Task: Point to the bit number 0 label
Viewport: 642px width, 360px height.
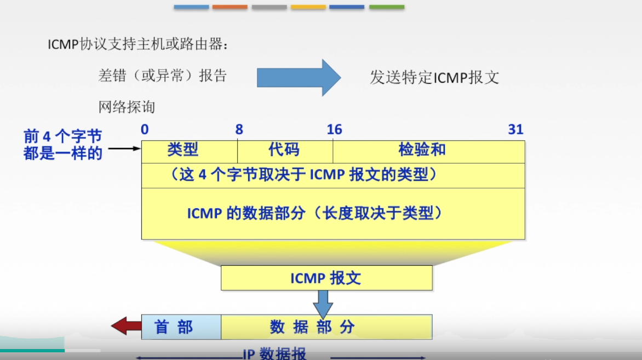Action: point(145,130)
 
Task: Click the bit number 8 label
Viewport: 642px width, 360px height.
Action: point(239,130)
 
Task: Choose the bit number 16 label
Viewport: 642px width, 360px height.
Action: point(334,130)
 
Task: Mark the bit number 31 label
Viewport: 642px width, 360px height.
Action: point(515,130)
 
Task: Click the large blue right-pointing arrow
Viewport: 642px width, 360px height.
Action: point(299,78)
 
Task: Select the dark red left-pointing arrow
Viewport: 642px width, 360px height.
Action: point(126,327)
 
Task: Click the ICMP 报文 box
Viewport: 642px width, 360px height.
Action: point(326,278)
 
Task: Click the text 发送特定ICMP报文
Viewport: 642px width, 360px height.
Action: point(434,77)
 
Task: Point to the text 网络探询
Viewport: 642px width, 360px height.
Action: point(127,107)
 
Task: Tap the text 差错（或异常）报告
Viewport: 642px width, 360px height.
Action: point(162,76)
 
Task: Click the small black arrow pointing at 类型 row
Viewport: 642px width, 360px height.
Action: point(124,148)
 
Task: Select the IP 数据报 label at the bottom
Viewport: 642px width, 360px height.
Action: point(275,353)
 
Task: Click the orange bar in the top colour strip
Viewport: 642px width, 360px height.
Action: point(230,7)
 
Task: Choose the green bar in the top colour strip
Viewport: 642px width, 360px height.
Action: point(387,7)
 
